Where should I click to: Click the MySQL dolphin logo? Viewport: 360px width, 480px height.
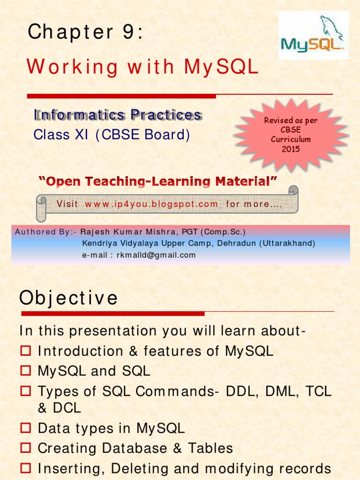(313, 36)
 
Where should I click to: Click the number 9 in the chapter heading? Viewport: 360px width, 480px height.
(126, 32)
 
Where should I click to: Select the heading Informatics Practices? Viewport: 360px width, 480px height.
(118, 115)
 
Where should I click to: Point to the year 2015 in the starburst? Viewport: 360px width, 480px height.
(291, 150)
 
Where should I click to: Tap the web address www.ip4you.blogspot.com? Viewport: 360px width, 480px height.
(151, 204)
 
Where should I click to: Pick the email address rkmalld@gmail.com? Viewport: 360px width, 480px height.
(156, 255)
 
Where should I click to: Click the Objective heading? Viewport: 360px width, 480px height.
(68, 298)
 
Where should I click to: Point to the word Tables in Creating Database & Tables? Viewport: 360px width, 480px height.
(210, 449)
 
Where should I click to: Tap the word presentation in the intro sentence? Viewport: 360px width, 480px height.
(111, 331)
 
